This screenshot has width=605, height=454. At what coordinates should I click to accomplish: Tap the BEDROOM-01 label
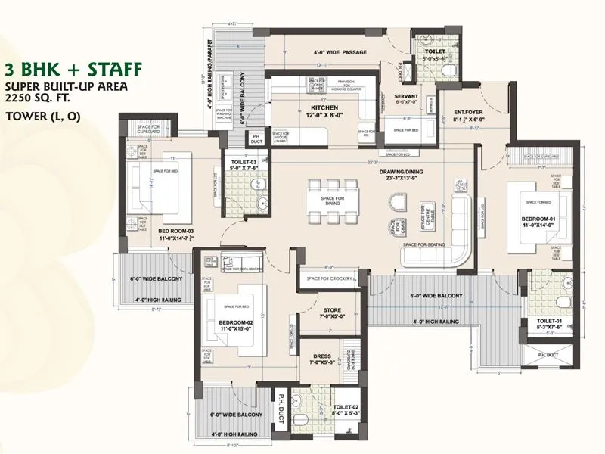(x=539, y=219)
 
